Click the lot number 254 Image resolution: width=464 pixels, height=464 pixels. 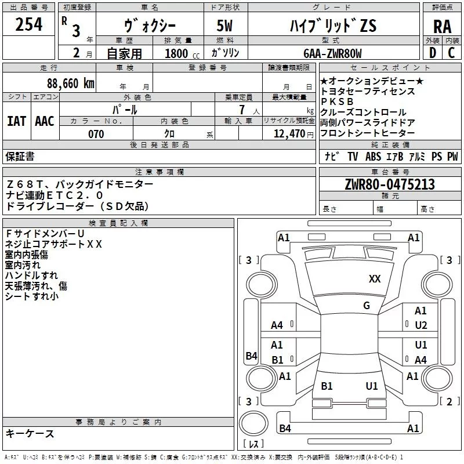click(x=28, y=25)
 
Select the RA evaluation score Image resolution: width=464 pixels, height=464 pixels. click(x=442, y=27)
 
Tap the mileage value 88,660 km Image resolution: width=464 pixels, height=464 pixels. click(x=70, y=83)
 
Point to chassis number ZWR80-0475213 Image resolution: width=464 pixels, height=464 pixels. click(x=390, y=185)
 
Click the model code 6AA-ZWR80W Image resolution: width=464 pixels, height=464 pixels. click(x=332, y=53)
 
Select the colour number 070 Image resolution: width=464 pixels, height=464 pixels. click(x=96, y=134)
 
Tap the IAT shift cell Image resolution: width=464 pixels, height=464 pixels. click(x=16, y=121)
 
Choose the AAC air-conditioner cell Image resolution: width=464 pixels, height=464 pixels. click(x=44, y=121)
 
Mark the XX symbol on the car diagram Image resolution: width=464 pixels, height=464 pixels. click(x=375, y=279)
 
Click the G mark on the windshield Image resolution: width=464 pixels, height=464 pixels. click(x=366, y=306)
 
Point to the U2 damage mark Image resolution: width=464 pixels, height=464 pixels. click(x=421, y=325)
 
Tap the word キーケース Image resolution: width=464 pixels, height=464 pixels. click(x=30, y=434)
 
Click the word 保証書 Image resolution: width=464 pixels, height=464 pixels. click(x=20, y=157)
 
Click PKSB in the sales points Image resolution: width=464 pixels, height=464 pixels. click(x=337, y=101)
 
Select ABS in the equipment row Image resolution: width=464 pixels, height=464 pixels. click(x=373, y=157)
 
